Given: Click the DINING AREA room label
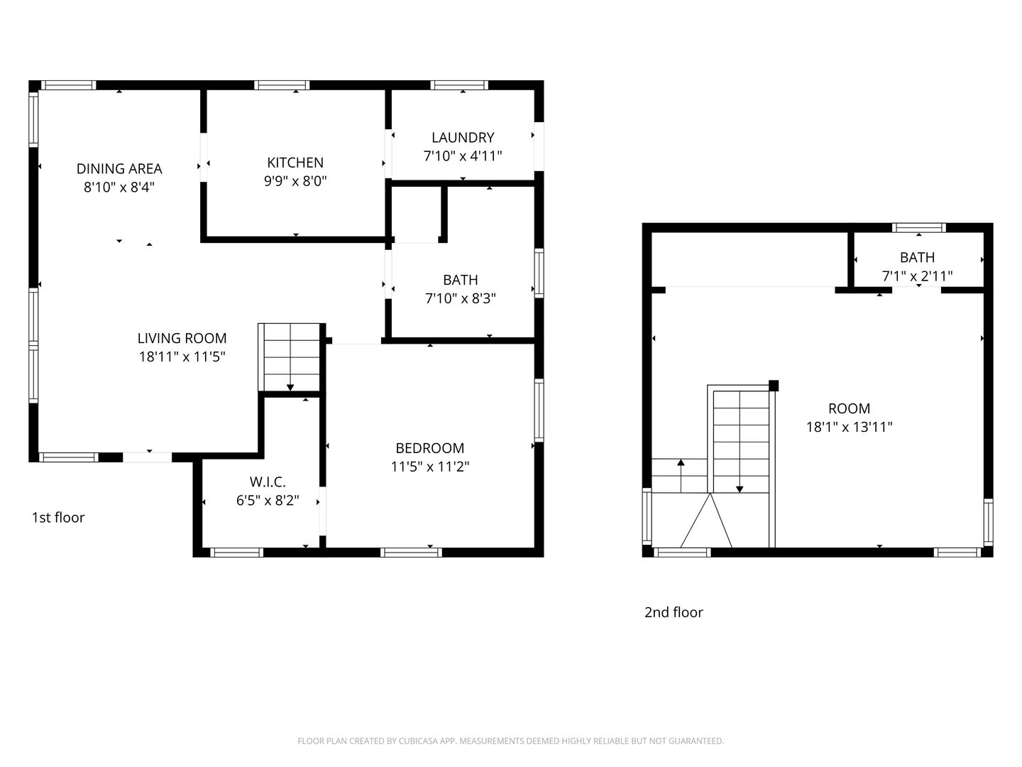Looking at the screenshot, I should coord(119,168).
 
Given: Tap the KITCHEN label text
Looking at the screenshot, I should coord(295,163).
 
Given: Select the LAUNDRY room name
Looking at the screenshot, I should coord(463,137).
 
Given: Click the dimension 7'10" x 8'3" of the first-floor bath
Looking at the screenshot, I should coord(461,298).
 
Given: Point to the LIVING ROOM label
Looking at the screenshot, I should coord(182,338).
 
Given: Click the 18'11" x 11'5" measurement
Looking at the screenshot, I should coord(182,357).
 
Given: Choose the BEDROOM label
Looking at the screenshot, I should coord(430,448).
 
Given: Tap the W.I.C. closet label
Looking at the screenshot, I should coord(268,482).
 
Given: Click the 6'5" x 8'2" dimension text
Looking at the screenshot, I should coord(268,501).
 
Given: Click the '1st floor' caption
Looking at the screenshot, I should coord(58,517).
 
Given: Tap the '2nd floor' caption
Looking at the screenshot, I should coord(674,612).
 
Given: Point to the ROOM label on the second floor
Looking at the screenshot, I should coord(849,408).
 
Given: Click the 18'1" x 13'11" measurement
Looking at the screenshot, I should coord(849,427).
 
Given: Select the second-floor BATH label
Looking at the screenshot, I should coord(917,257).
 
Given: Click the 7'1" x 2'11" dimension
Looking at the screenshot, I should coord(917,276).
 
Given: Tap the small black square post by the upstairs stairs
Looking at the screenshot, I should coord(774,386).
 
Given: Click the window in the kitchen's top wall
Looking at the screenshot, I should coord(282,85).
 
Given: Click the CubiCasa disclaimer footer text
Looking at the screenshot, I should coord(510,741).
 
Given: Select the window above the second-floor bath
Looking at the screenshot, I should coord(918,228).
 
